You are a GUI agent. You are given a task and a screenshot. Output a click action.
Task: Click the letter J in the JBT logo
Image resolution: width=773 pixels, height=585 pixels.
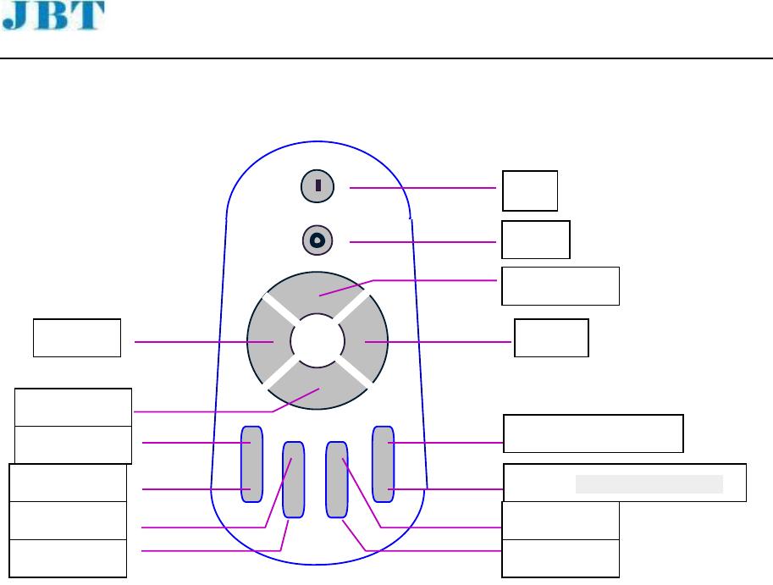[x=15, y=15]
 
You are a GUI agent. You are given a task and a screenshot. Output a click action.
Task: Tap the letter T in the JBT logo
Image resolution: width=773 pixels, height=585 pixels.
[x=89, y=15]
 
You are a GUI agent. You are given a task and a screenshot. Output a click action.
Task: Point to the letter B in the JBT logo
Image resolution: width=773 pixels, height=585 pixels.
[x=51, y=15]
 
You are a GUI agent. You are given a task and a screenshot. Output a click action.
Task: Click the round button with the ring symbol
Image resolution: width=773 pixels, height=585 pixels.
[x=317, y=240]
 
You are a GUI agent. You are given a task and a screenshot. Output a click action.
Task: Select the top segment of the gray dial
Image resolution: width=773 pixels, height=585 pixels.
[x=317, y=292]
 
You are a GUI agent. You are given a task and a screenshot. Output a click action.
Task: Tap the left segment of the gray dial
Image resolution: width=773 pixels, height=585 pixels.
[x=268, y=341]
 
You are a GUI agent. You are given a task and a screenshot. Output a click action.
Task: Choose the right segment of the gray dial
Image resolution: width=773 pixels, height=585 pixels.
[x=366, y=341]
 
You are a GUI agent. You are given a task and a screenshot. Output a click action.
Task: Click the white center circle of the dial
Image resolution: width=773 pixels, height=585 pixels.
[x=317, y=340]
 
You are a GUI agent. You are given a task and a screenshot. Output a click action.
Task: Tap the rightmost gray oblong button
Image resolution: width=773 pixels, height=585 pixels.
[x=383, y=464]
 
